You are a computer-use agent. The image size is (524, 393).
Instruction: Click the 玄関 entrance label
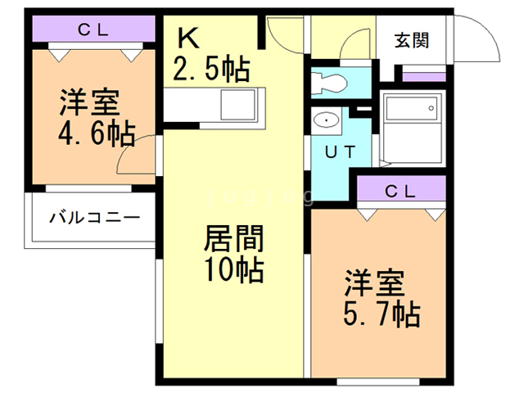click(x=411, y=38)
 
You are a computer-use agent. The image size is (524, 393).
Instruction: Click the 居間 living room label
click(x=233, y=241)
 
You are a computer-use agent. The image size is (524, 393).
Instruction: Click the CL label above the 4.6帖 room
click(x=93, y=30)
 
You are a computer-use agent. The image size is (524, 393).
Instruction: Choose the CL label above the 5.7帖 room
click(x=401, y=191)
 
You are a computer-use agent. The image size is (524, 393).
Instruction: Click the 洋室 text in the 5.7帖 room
click(x=373, y=283)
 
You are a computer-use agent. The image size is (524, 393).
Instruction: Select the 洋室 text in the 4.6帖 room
click(x=88, y=104)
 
